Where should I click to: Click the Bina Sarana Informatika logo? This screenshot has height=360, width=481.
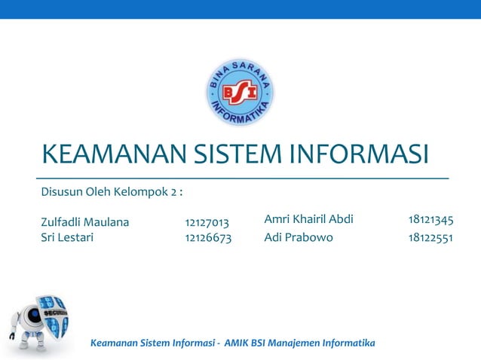tap(240, 92)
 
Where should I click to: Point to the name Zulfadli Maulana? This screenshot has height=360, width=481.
tap(84, 222)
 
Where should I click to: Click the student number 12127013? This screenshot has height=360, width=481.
tap(207, 223)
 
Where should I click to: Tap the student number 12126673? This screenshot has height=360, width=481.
tap(208, 238)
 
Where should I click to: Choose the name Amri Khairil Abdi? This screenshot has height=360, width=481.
tap(308, 220)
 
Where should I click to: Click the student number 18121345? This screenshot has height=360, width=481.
tap(430, 220)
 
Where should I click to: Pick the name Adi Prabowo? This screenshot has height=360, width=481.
tap(299, 238)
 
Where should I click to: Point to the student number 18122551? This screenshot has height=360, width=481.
tap(430, 238)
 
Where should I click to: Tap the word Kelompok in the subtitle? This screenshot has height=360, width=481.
tap(141, 193)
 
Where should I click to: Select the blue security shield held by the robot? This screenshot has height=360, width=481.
tap(55, 316)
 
